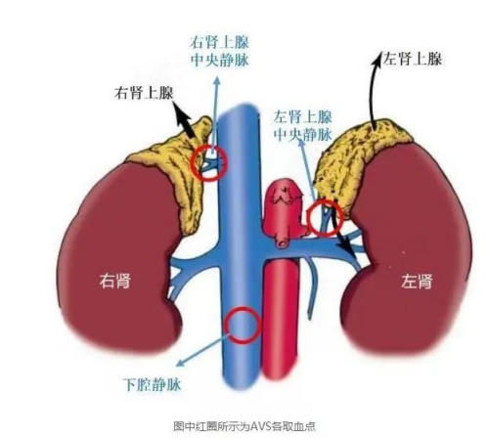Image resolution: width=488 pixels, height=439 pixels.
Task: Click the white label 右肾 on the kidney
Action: click(114, 281)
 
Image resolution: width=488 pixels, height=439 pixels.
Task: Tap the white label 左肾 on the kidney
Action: click(417, 281)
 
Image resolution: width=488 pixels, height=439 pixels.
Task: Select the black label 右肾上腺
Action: click(144, 93)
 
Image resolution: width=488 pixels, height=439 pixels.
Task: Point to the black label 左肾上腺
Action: click(412, 59)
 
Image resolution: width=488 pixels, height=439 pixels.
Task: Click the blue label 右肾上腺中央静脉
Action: click(219, 52)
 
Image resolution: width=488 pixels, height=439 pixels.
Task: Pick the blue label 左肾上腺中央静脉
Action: click(303, 126)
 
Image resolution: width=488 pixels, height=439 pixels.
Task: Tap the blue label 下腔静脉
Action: click(152, 384)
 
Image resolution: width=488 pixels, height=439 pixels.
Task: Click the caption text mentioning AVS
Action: click(244, 426)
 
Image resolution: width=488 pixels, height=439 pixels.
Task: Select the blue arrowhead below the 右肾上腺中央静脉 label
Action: click(216, 81)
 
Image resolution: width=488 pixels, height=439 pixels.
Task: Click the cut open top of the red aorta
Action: click(285, 193)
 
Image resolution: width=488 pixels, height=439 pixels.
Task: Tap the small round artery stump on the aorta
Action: click(282, 242)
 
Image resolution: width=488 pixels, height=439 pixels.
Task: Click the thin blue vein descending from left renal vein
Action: click(313, 286)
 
